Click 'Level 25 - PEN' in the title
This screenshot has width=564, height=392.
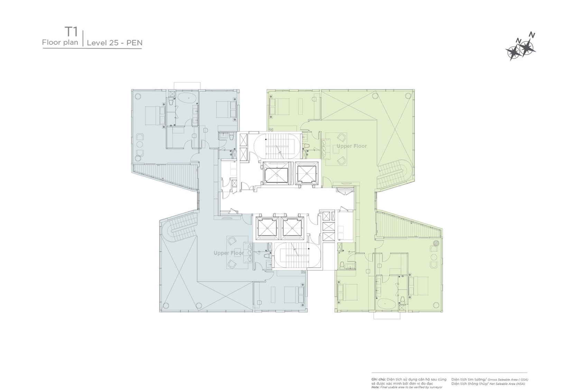pyautogui.click(x=114, y=43)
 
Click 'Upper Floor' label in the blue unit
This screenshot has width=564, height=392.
pyautogui.click(x=229, y=253)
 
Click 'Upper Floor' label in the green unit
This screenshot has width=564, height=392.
pyautogui.click(x=352, y=146)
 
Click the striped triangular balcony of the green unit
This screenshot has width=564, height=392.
pyautogui.click(x=405, y=225)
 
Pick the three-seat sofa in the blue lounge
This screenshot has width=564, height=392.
pyautogui.click(x=248, y=251)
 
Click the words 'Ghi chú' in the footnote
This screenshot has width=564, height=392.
pyautogui.click(x=378, y=380)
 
